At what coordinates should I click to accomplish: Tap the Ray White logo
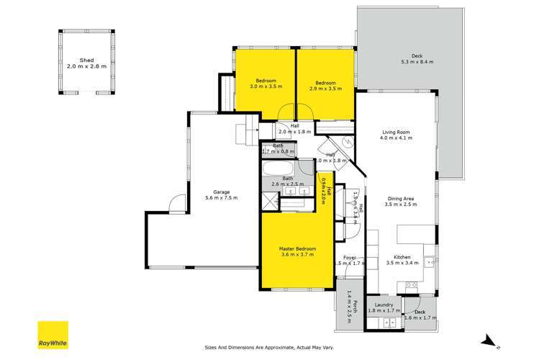tap(54, 335)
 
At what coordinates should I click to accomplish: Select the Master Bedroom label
tap(297, 249)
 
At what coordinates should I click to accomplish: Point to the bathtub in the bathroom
tap(277, 170)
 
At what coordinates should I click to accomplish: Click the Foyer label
tap(350, 257)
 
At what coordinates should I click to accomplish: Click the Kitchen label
tap(402, 257)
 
